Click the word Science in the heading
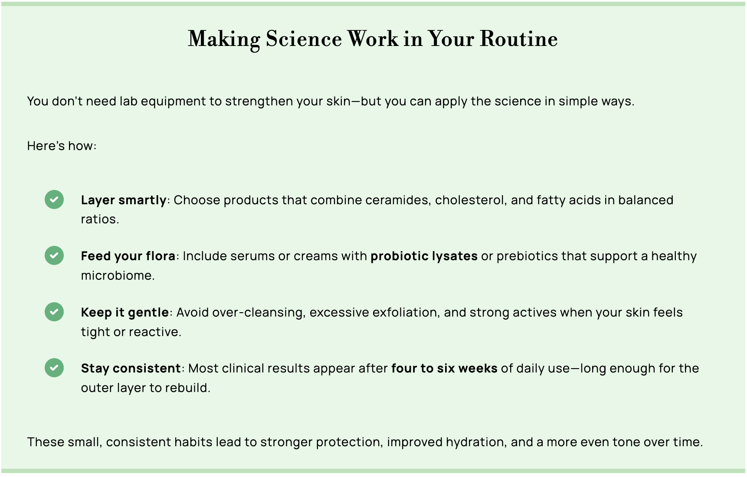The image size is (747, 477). click(x=304, y=39)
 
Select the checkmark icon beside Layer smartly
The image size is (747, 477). click(x=54, y=199)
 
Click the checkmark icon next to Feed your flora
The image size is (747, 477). click(x=54, y=255)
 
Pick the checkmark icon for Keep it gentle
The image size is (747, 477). click(x=54, y=312)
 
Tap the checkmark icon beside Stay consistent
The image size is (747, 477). click(x=54, y=368)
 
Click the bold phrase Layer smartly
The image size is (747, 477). click(x=124, y=200)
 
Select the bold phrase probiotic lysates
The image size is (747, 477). click(x=424, y=256)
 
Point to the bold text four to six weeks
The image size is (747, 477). click(x=444, y=368)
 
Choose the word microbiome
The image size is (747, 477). click(x=117, y=275)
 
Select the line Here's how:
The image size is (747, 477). click(x=62, y=146)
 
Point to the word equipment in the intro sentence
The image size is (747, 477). click(x=173, y=101)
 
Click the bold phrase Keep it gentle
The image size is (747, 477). click(x=125, y=312)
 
